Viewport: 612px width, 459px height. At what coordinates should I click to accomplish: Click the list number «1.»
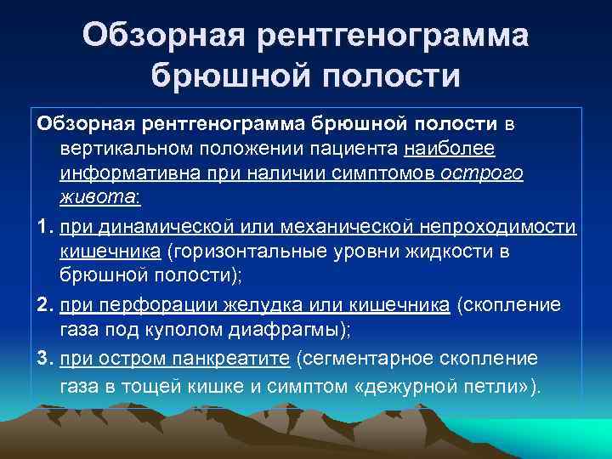click(45, 227)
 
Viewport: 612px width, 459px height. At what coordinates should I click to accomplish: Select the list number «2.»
click(45, 307)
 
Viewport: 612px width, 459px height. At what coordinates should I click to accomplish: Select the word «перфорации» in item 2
click(147, 307)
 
